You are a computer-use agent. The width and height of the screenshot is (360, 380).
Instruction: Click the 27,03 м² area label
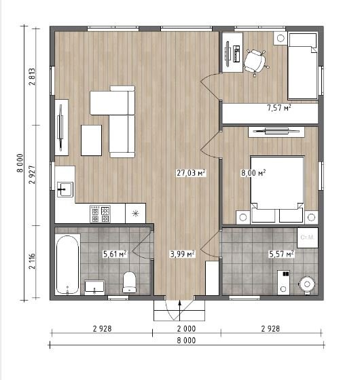coord(191,173)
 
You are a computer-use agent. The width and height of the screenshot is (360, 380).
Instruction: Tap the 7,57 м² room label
coord(279,108)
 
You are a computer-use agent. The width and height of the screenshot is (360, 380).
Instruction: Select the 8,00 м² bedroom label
coord(253,173)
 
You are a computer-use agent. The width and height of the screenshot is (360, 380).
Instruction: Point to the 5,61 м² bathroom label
coord(115,254)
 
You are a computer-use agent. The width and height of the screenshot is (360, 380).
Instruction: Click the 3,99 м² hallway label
coord(183,254)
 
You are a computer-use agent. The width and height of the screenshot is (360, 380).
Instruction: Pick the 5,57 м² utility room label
coord(281,254)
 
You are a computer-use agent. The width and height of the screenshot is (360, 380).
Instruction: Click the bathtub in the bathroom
coord(67,265)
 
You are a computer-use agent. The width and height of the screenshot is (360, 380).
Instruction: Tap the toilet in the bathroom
coord(129,282)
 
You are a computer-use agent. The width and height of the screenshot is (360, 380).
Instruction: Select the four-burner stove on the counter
coord(101,214)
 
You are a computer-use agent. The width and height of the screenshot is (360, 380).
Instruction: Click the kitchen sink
coord(65,189)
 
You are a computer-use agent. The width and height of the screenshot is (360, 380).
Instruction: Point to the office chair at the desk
coord(255,62)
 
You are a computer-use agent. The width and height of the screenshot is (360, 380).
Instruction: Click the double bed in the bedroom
coord(277,189)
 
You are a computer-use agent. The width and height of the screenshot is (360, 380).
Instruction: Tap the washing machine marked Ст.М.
coord(308,237)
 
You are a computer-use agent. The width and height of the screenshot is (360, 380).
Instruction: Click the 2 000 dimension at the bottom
coord(186,329)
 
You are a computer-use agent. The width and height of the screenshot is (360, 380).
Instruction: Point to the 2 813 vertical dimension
coord(32,77)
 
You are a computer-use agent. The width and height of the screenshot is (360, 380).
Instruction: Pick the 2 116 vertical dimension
coord(32,261)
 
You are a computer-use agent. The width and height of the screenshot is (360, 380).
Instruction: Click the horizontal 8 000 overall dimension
coord(186,341)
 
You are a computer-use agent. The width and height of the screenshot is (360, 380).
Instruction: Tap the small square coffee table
coord(91,140)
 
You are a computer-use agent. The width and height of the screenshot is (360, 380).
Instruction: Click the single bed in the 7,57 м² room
coord(303,66)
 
